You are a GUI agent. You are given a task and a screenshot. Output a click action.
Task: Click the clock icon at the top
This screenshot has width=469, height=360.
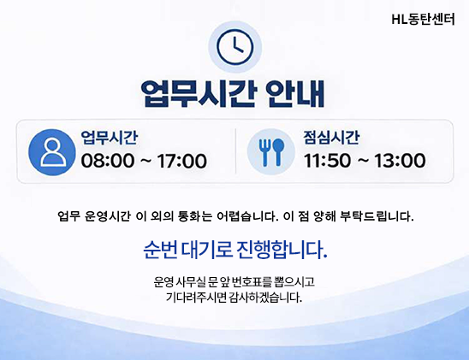(234, 48)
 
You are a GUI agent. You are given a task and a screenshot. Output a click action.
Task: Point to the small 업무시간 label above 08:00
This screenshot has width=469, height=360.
(110, 138)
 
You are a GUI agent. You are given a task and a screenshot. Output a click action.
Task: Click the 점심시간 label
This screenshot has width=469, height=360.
(331, 138)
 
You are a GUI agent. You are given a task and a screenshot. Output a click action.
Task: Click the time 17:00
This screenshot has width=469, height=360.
(181, 161)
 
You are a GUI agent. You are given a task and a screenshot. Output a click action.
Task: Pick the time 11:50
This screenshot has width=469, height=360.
(327, 161)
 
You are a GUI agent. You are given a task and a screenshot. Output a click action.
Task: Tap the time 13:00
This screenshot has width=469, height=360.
(399, 161)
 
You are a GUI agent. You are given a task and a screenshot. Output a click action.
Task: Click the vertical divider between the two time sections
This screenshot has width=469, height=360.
(235, 150)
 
